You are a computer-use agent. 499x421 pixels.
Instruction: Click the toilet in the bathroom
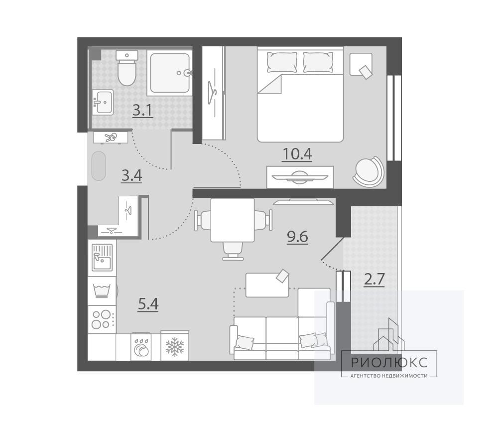point(126,68)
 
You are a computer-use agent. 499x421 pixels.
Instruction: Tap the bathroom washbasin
point(103,102)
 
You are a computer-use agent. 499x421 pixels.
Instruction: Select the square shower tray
point(170,73)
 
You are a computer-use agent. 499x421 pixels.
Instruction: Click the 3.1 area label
point(142,111)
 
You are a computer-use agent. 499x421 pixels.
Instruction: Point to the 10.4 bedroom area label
point(297,154)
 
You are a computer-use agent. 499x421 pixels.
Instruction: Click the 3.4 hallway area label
point(131,176)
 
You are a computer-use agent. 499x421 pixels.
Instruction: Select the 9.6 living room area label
point(297,237)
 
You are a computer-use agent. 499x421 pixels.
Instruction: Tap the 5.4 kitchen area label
point(148,304)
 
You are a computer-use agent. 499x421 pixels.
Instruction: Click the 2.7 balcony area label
point(374,280)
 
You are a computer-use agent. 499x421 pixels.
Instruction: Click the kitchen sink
point(102,258)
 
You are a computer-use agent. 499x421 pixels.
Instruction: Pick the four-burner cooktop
point(102,319)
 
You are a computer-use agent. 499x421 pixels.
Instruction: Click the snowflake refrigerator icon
point(175,346)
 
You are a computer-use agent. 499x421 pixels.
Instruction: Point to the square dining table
point(233,220)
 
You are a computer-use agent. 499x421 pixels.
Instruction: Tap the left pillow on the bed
point(282,62)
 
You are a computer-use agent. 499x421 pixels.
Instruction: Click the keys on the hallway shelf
point(111,138)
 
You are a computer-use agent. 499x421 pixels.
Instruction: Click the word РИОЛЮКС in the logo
point(389,362)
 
